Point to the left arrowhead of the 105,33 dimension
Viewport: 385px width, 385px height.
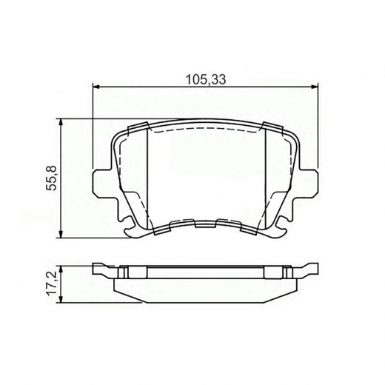click(x=96, y=87)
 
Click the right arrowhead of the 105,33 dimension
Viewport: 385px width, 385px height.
click(x=318, y=87)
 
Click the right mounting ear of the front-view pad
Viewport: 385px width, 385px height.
click(x=313, y=182)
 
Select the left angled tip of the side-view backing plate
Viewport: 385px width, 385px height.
click(x=99, y=269)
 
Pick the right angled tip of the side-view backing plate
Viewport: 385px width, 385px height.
click(x=315, y=269)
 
